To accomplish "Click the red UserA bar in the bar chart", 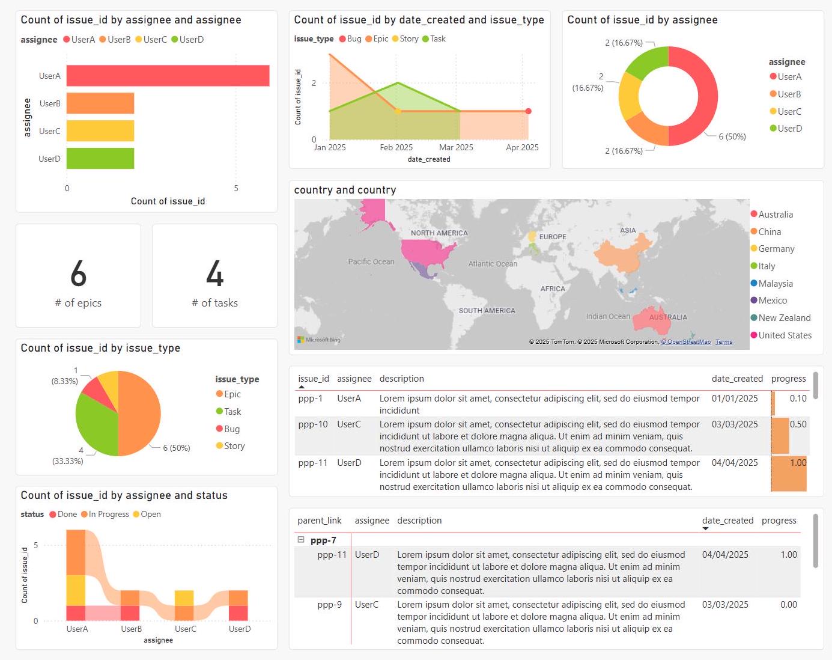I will [168, 76].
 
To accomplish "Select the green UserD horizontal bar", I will [100, 159].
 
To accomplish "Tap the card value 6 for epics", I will [78, 274].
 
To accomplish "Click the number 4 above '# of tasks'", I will [215, 274].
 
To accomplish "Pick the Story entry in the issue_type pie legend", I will [234, 446].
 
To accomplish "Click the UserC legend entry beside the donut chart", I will [789, 112].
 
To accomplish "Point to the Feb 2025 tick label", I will [396, 147].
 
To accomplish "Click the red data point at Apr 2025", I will [528, 111].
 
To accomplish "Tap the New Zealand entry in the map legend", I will [784, 318].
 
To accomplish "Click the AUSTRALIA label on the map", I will [668, 317].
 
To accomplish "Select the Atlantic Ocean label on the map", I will [493, 264].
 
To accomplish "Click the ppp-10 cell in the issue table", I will [313, 424].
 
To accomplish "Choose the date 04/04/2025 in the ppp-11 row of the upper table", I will [734, 463].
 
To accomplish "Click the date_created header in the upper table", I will [736, 379].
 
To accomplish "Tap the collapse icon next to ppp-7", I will [301, 540].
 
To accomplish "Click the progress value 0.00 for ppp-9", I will [788, 605].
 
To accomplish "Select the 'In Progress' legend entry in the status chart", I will [108, 515].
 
